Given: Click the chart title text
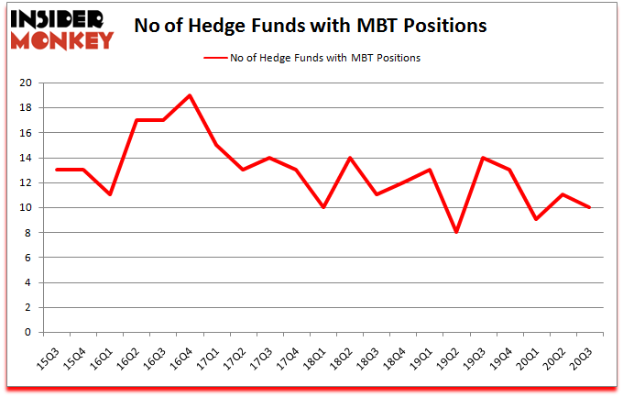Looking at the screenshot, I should [x=310, y=25].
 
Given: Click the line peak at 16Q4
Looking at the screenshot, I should [x=189, y=95].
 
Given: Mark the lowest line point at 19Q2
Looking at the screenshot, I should [x=454, y=232].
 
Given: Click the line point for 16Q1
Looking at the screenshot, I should [x=109, y=194].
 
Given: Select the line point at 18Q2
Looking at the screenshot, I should [x=348, y=158].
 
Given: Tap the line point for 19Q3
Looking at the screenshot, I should [x=481, y=158].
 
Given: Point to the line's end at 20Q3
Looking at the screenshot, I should [x=587, y=207].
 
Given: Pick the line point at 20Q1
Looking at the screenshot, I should [x=534, y=220].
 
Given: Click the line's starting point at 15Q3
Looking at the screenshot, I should [x=56, y=170].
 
